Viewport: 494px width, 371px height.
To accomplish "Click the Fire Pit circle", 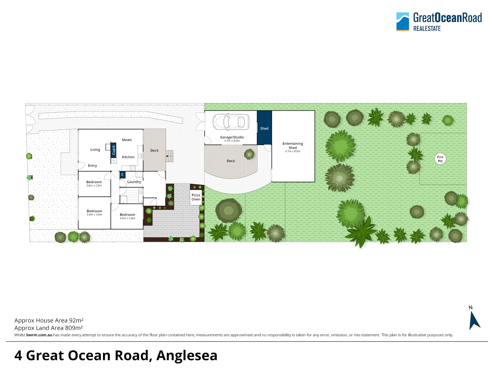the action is coord(440,159).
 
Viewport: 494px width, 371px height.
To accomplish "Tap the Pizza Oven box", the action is coord(196,197).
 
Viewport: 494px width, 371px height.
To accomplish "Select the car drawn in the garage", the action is coord(231,122).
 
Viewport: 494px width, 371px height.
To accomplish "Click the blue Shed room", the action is coord(264,128).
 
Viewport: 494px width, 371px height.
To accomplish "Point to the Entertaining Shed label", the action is coord(293,146).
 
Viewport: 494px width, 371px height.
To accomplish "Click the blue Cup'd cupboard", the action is coord(114,150).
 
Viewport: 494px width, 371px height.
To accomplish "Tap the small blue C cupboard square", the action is coord(122,175).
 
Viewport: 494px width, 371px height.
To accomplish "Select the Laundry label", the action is coord(134,182).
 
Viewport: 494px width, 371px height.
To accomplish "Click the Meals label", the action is coord(127,140).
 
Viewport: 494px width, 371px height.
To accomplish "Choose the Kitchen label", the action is coord(128,157).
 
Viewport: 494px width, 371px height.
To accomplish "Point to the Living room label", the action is coord(95,149).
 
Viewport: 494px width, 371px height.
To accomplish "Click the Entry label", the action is coord(93,166).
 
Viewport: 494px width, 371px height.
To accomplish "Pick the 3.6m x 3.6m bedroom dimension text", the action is coord(94,214).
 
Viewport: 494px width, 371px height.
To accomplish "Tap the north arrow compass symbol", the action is coord(474,320).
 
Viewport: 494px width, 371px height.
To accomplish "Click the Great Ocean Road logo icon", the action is coord(403,22).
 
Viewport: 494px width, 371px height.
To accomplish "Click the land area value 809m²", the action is coord(74,328).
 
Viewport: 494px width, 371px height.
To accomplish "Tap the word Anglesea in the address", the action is coord(187,356).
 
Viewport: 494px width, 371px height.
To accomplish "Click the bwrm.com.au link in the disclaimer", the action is coord(39,335).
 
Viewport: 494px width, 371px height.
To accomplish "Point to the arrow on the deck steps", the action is coord(169,156).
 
